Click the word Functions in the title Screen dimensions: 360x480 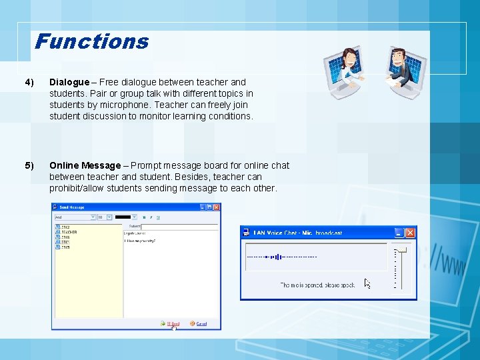[x=91, y=41]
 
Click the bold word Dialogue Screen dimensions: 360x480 [x=69, y=82]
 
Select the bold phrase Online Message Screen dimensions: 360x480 [x=85, y=165]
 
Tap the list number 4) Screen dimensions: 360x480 [x=29, y=82]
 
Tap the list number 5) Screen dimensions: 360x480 [x=29, y=165]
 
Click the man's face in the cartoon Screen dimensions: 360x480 [x=398, y=57]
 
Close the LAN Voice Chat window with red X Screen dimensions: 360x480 [x=410, y=233]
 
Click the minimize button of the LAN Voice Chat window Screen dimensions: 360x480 [x=399, y=233]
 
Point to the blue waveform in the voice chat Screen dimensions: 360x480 [x=273, y=257]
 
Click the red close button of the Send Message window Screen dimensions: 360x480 [x=216, y=207]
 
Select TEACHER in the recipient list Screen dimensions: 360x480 [x=69, y=233]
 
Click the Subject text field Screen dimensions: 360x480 [x=180, y=227]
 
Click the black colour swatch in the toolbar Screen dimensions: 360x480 [x=123, y=217]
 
